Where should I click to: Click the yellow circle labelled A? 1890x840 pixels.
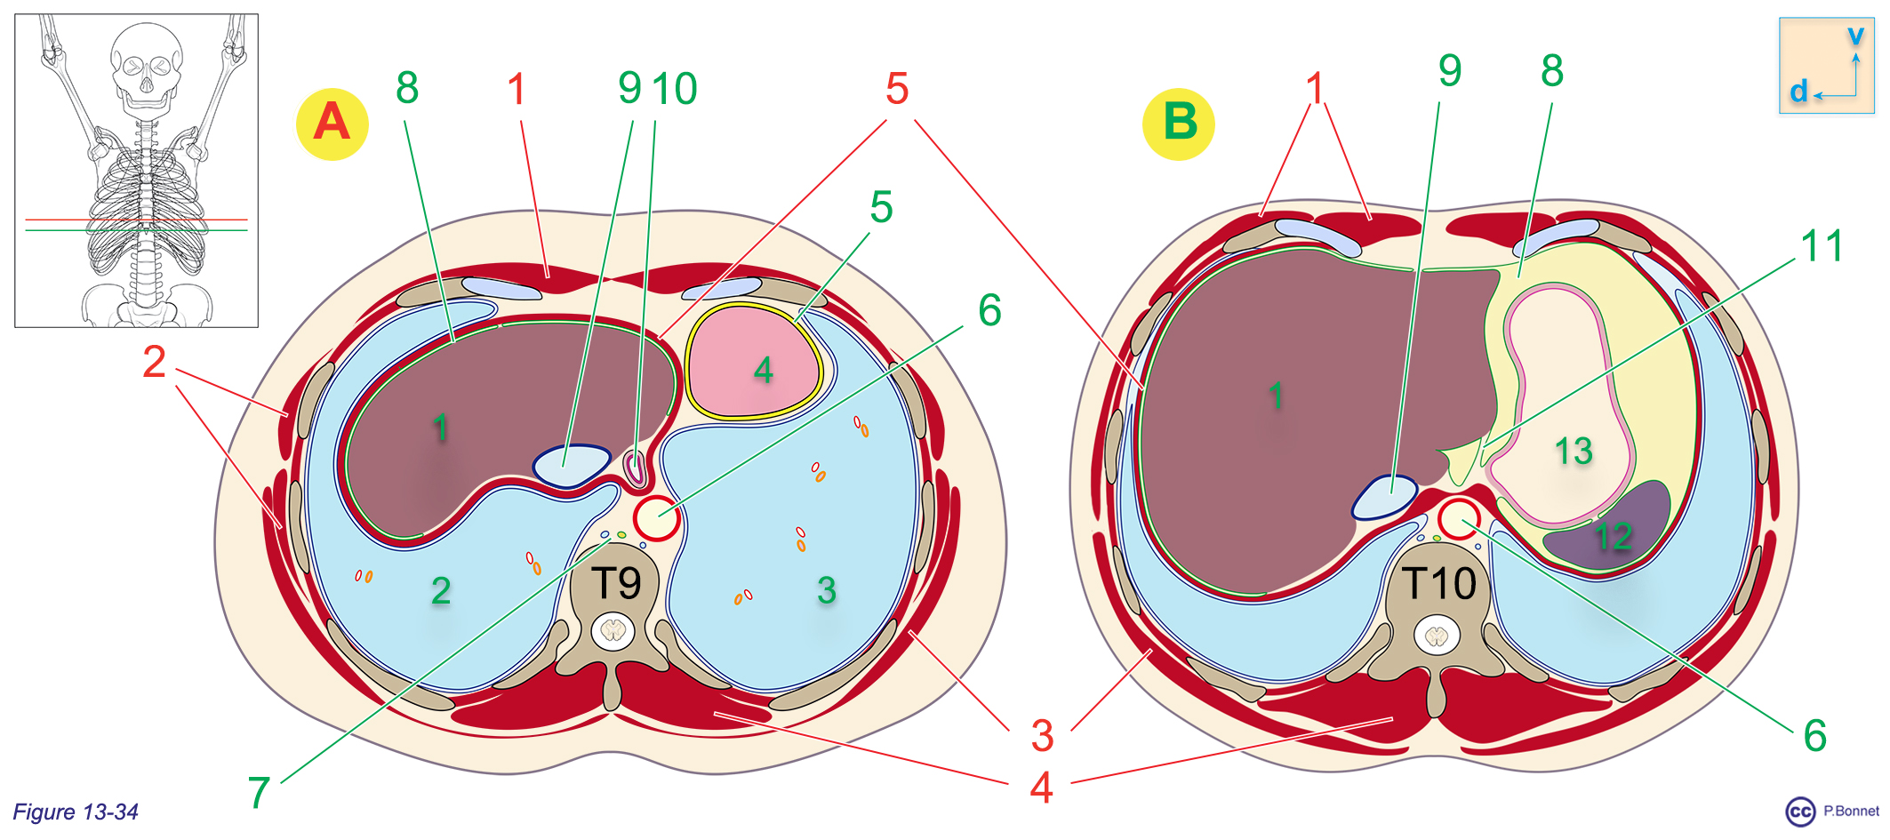[x=332, y=124]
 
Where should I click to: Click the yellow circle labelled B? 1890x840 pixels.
[x=1178, y=124]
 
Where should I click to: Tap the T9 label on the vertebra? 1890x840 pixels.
[x=617, y=584]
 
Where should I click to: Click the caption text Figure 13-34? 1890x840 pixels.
[x=76, y=812]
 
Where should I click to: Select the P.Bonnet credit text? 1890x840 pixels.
[x=1851, y=811]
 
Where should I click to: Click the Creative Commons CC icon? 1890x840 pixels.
[x=1800, y=812]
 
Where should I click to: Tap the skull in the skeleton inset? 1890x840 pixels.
[x=146, y=67]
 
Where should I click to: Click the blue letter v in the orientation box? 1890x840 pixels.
[x=1855, y=36]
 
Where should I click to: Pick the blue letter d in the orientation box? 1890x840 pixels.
[x=1798, y=91]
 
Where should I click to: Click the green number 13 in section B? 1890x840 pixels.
[x=1573, y=452]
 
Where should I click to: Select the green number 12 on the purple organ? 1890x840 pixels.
[x=1613, y=536]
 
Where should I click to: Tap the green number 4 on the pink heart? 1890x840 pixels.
[x=763, y=371]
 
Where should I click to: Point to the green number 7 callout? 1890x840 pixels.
[x=259, y=792]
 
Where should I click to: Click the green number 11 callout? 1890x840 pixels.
[x=1822, y=245]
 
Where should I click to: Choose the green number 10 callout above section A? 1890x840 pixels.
[x=675, y=89]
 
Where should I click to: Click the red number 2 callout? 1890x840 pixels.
[x=154, y=362]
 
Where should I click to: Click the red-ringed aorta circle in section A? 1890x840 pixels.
[x=656, y=518]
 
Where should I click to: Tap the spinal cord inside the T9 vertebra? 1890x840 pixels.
[x=613, y=631]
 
